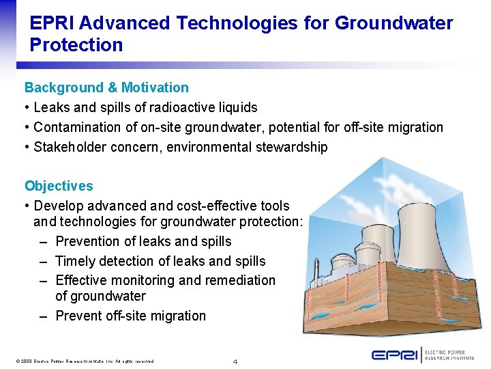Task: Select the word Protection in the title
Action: pos(76,46)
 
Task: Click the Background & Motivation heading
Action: pos(106,87)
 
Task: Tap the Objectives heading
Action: pos(59,186)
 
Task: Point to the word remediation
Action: pos(240,280)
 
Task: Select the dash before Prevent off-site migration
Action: pos(43,316)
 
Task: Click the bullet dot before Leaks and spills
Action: pos(27,107)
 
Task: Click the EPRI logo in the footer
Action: pos(395,355)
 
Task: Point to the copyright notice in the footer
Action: pos(83,361)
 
